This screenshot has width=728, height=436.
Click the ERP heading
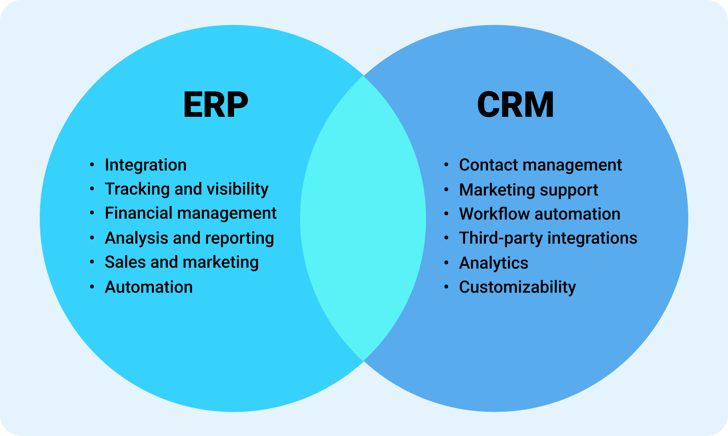[x=216, y=105]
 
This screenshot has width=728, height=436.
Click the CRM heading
[x=515, y=105]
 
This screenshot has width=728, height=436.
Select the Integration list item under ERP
[x=146, y=165]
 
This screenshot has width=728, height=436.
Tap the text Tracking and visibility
[x=186, y=189]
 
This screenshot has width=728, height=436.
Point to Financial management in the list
[x=191, y=213]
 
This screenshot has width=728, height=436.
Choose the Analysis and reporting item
[x=189, y=238]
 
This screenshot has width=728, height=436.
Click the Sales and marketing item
[x=182, y=262]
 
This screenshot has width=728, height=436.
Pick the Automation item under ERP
[x=149, y=287]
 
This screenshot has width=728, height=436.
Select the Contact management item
[x=540, y=165]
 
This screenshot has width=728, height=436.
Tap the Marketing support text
[x=528, y=190]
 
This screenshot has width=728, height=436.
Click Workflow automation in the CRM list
[x=539, y=214]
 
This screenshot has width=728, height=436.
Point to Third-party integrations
[x=548, y=238]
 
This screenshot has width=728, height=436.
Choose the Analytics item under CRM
[x=494, y=263]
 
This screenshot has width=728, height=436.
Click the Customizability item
[x=517, y=287]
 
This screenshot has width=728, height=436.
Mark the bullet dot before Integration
[x=92, y=165]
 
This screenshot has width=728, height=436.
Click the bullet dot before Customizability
[x=446, y=287]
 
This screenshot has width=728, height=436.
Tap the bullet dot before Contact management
[x=446, y=165]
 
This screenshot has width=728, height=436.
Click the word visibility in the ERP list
[x=238, y=189]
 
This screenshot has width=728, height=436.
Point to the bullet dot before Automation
[x=92, y=287]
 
